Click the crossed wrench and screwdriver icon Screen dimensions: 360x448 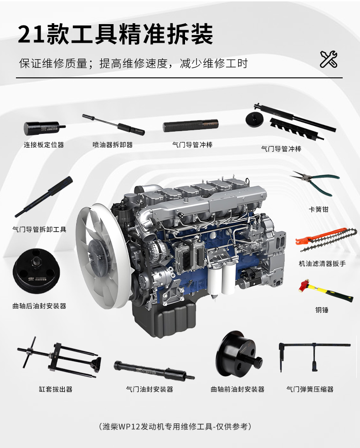click(329, 59)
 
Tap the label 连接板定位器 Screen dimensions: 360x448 click(44, 145)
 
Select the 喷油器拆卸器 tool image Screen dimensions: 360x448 click(113, 125)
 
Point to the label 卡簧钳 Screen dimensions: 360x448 click(318, 209)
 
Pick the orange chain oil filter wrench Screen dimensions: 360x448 click(326, 239)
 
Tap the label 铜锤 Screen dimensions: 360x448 click(322, 310)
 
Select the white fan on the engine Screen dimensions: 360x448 click(103, 256)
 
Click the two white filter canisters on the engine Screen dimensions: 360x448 click(221, 280)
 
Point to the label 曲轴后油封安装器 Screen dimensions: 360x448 click(39, 306)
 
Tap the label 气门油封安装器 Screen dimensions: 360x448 click(149, 389)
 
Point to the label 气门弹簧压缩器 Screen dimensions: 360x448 click(310, 389)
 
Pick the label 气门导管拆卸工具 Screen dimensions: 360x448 click(39, 229)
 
